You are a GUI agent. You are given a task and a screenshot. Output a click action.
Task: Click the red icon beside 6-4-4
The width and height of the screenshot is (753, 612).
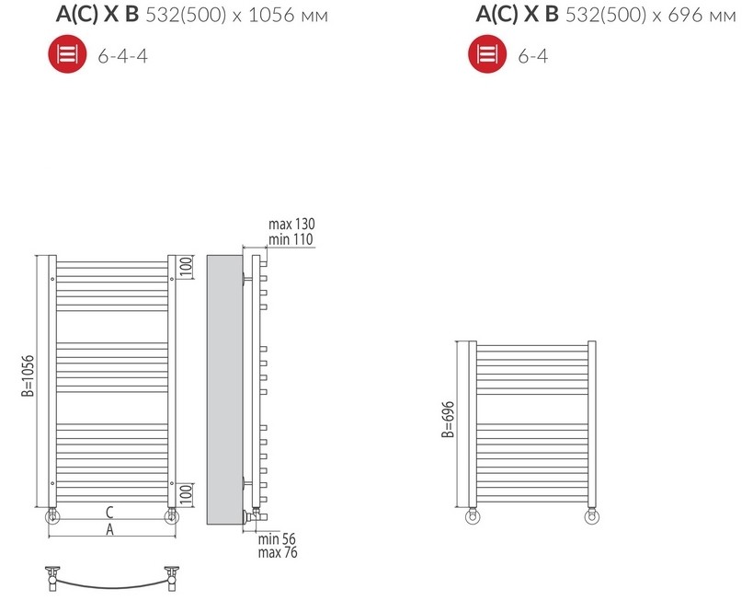tap(68, 54)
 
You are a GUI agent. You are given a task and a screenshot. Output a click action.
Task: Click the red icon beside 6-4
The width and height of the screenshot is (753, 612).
tap(487, 54)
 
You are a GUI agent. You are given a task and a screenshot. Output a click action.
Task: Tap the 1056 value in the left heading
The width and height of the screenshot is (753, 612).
tap(271, 16)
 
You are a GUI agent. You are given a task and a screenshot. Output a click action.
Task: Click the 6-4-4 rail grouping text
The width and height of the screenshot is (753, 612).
tap(122, 56)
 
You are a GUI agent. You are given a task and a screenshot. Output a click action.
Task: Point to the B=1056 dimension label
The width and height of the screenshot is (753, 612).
tap(28, 376)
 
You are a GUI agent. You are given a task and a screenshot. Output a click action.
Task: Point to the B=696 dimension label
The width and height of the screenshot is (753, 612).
tap(448, 420)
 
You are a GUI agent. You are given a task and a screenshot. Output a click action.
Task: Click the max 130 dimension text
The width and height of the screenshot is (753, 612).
tap(291, 224)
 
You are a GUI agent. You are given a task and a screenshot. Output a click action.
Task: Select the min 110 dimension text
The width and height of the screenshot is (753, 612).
tap(291, 239)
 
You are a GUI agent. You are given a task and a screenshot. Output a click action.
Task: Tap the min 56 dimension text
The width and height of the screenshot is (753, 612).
tap(277, 539)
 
